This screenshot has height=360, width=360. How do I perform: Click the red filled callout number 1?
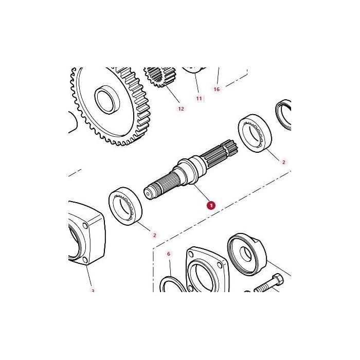[211, 205]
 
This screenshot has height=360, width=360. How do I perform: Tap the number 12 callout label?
[181, 109]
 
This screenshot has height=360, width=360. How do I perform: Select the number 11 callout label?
[199, 98]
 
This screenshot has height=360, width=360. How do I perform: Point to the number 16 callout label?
[217, 89]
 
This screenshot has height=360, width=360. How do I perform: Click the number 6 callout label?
[168, 254]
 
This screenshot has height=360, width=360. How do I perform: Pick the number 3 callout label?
[93, 291]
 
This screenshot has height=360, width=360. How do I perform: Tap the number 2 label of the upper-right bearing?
[283, 162]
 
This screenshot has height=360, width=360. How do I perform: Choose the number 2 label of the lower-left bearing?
[154, 235]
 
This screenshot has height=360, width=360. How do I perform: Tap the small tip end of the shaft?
[148, 193]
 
